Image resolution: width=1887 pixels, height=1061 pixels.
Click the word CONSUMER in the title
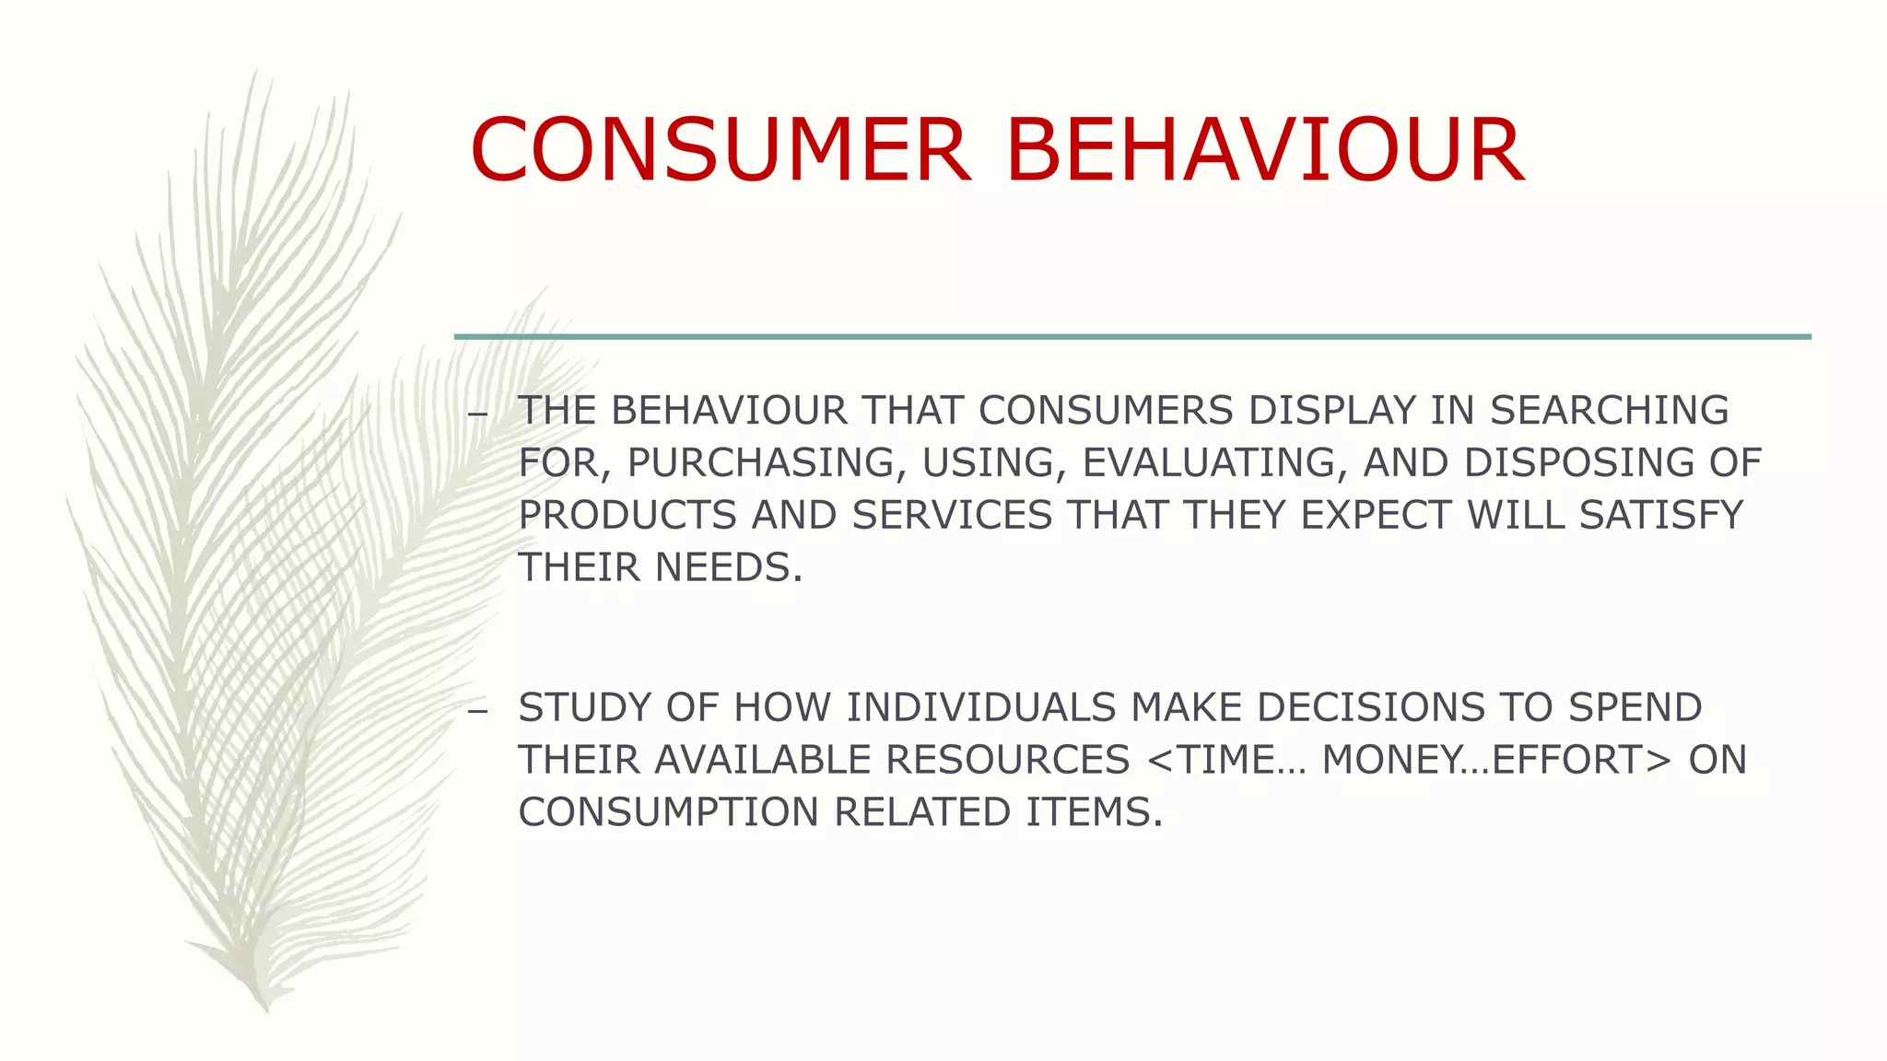pyautogui.click(x=720, y=150)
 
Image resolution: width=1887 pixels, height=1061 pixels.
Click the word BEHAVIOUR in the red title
pyautogui.click(x=1264, y=150)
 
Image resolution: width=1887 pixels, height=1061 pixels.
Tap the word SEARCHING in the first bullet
pyautogui.click(x=1610, y=411)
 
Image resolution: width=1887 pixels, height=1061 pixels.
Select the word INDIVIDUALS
pyautogui.click(x=981, y=708)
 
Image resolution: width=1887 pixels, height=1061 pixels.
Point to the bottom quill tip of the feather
pyautogui.click(x=265, y=1007)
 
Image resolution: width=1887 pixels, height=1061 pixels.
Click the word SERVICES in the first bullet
pyautogui.click(x=952, y=515)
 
